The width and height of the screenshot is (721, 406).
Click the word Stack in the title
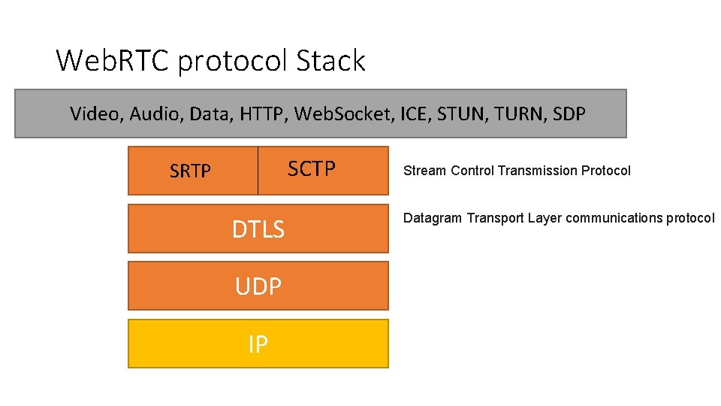(330, 60)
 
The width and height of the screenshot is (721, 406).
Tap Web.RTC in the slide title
(113, 60)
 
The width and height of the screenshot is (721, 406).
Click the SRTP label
(190, 171)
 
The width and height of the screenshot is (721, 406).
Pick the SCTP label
(312, 169)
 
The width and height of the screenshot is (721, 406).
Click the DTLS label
(258, 229)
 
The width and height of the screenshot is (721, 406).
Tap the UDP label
(258, 286)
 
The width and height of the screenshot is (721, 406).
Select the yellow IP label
(258, 344)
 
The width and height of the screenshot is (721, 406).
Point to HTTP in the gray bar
(263, 114)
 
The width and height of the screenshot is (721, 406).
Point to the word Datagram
(433, 219)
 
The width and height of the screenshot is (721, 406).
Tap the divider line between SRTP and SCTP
(258, 171)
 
